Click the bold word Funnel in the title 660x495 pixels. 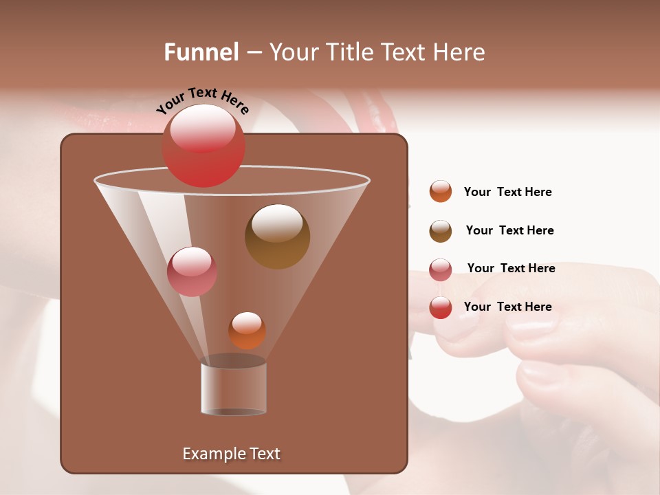point(201,52)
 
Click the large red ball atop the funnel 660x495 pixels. point(203,146)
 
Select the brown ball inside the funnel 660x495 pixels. point(277,236)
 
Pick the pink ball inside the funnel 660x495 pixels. point(192,272)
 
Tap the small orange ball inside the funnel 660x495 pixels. point(247,331)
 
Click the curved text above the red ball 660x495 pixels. point(203,100)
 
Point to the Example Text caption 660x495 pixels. point(231,454)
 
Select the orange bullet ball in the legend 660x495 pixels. point(441,191)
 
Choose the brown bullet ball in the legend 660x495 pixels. point(441,231)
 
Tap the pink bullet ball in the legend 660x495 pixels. point(441,269)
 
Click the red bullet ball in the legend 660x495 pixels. point(441,307)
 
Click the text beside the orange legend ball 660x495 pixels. point(507,192)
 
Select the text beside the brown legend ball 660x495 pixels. point(509,231)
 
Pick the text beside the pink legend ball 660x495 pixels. point(511,269)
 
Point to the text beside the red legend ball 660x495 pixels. point(507,307)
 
